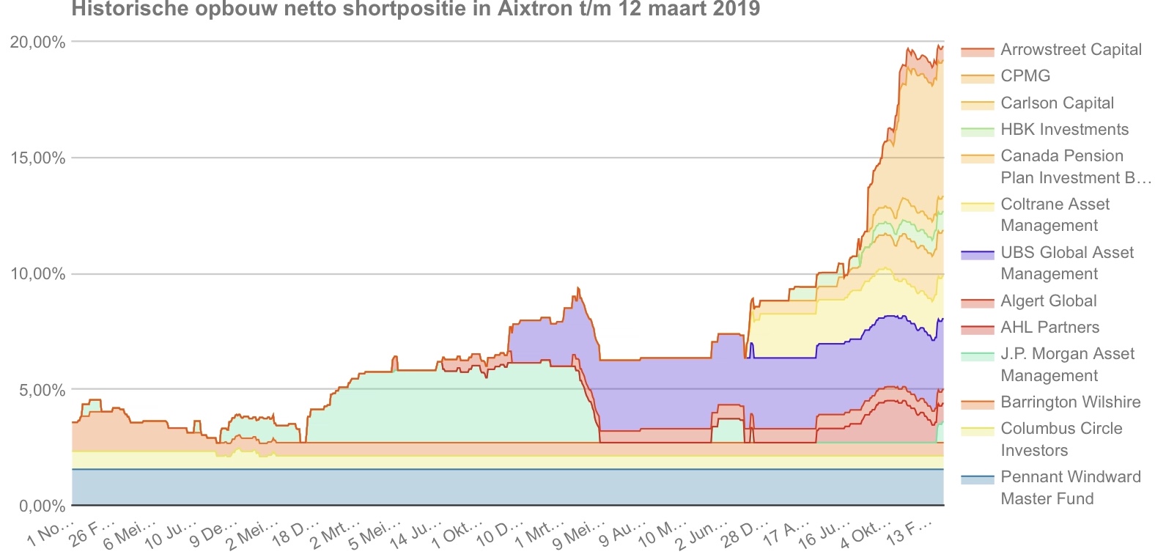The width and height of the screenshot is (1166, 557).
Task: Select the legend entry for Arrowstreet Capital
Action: point(1071,50)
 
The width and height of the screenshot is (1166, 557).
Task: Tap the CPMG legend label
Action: point(1025,76)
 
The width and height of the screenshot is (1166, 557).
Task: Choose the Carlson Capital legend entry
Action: point(1057,103)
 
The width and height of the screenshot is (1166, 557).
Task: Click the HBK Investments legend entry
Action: point(1064,130)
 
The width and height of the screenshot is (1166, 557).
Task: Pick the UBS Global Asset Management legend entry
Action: point(1067,263)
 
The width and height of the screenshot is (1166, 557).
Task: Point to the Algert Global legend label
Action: point(1048,301)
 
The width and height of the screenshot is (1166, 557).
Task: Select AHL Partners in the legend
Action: point(1049,328)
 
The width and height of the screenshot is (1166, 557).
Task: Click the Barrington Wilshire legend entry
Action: point(1070,402)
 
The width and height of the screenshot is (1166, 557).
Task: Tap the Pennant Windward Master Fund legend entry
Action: point(1070,487)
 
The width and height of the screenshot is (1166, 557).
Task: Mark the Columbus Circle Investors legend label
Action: point(1061,439)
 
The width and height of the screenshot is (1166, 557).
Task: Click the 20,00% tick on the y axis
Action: point(37,43)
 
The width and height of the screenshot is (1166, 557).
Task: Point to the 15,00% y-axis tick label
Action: point(37,158)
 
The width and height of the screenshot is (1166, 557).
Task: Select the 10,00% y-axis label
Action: point(37,274)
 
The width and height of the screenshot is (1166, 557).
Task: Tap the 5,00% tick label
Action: point(42,390)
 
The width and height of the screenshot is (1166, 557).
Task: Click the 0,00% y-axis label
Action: point(42,506)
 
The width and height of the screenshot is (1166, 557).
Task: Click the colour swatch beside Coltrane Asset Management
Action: point(977,207)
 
